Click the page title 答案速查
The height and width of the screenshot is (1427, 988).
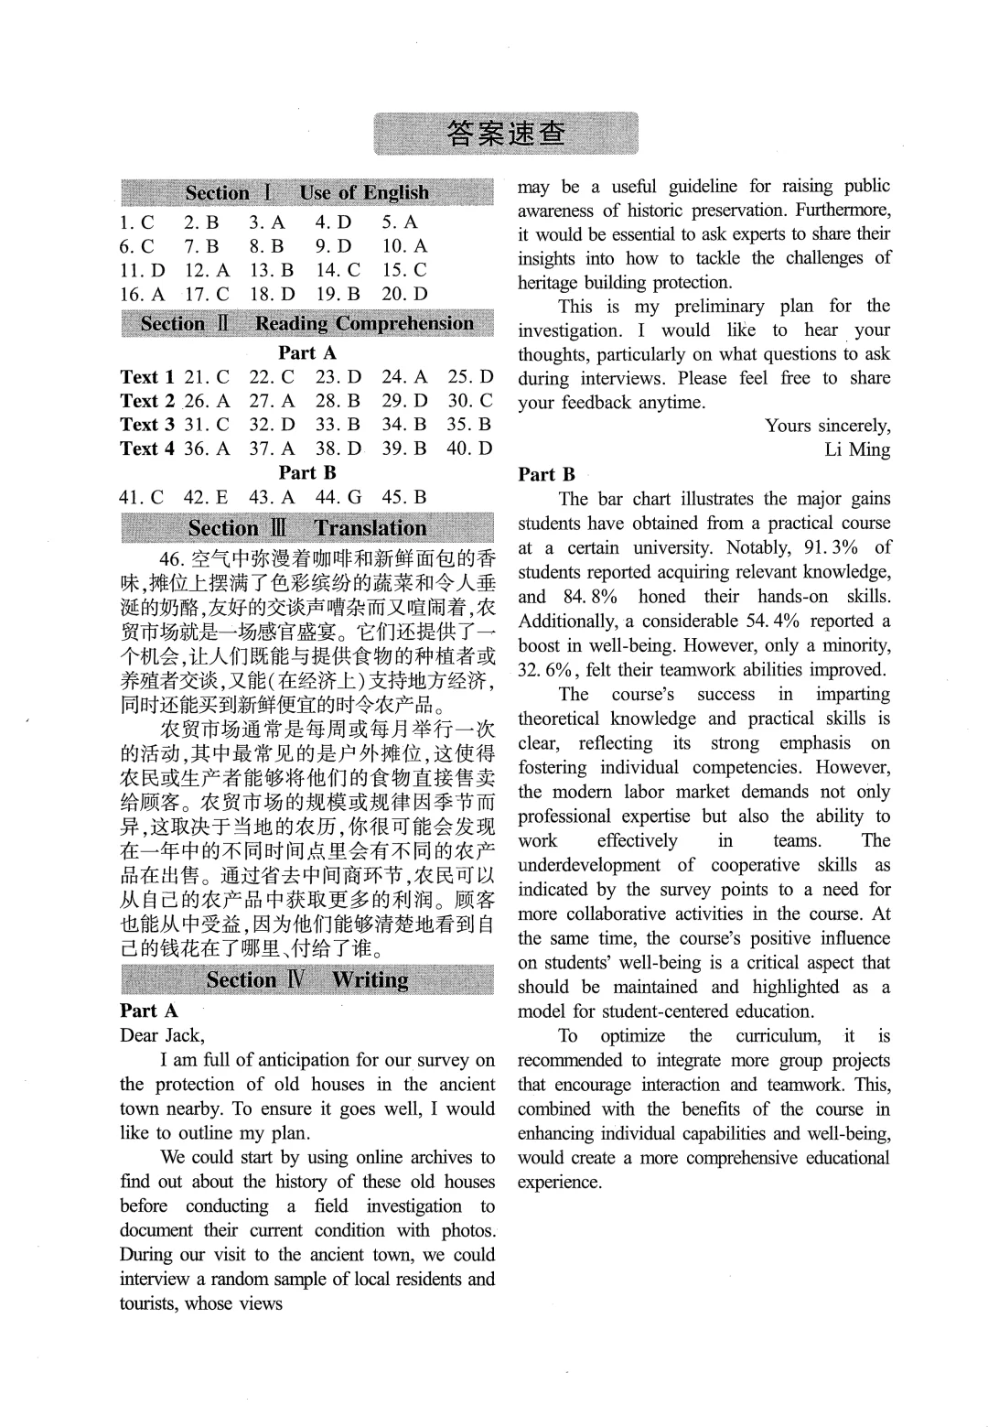(x=506, y=134)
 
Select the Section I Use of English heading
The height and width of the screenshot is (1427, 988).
(x=306, y=193)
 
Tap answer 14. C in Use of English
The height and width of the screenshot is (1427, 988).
(x=338, y=270)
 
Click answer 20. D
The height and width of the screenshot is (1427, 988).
(x=404, y=294)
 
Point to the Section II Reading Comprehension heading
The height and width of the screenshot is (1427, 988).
(x=306, y=324)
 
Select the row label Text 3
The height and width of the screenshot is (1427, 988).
(x=146, y=425)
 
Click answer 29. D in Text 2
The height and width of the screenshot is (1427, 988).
(x=404, y=401)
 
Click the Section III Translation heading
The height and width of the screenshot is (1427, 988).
(x=306, y=528)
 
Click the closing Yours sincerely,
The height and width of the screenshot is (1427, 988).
(x=827, y=426)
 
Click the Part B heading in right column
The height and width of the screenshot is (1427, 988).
(x=546, y=474)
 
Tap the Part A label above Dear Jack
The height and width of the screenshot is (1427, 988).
(x=148, y=1011)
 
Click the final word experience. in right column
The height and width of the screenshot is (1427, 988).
(x=559, y=1182)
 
